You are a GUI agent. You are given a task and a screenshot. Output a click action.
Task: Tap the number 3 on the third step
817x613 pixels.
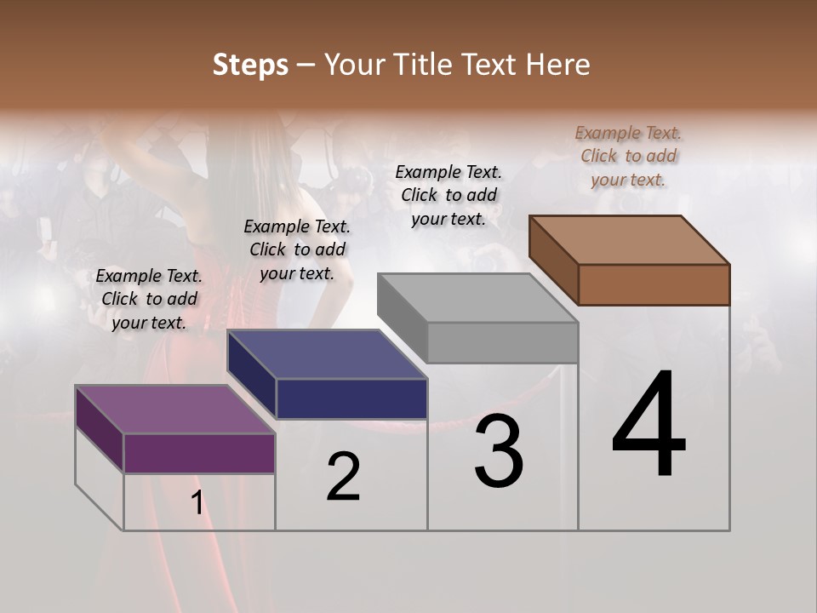pos(499,451)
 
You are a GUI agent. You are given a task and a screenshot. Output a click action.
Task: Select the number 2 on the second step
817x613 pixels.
pos(343,477)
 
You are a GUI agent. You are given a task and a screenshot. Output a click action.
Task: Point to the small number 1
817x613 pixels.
pos(197,503)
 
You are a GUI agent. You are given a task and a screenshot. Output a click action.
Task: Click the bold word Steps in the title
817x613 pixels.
pos(250,65)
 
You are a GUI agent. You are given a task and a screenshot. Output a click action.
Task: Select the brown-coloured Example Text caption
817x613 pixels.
pos(628,156)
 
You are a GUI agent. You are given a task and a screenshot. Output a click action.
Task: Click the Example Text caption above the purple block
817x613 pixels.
pos(149,299)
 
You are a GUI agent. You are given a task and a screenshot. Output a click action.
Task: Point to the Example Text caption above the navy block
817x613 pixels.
pos(297,249)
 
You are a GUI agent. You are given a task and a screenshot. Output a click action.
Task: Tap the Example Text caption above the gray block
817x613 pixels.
pos(448,195)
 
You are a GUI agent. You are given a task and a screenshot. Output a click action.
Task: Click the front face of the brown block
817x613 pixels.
pos(654,284)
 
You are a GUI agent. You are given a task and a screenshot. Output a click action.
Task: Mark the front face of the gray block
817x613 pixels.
pos(502,342)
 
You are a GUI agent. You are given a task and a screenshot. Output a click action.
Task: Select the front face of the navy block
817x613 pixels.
pos(351,398)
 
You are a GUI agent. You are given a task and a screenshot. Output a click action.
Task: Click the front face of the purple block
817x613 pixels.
pos(199,453)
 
